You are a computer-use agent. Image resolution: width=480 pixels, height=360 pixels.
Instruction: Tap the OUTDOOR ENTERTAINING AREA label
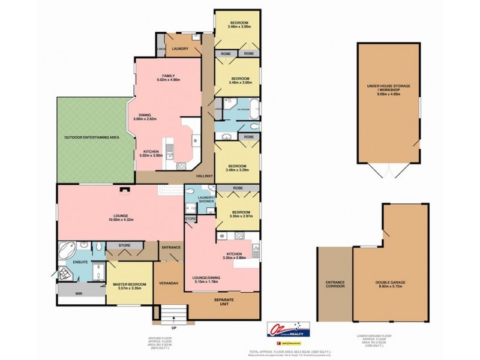[x=92, y=137]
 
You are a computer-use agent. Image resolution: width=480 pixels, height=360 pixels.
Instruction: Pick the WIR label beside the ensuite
[x=79, y=294]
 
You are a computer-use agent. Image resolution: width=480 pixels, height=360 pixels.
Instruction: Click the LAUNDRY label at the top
[x=180, y=49]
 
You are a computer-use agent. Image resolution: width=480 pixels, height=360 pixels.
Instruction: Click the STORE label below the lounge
[x=125, y=245]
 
